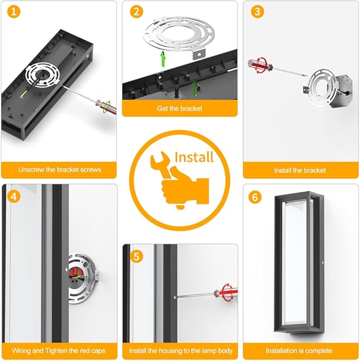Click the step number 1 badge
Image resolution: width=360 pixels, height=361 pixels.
[x=14, y=12]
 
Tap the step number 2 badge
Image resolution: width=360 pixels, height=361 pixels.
[x=137, y=12]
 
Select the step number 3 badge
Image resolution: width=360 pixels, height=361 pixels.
[x=258, y=12]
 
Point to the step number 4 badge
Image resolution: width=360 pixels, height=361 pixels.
[x=14, y=197]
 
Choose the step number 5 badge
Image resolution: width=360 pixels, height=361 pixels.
[x=137, y=256]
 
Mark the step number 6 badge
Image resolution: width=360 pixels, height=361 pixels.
[x=255, y=197]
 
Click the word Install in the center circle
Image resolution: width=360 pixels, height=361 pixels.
[x=194, y=157]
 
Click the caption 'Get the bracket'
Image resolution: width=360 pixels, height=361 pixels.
[x=180, y=108]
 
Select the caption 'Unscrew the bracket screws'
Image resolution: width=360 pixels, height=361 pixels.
[x=60, y=170]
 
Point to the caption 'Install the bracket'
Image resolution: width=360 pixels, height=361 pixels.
[x=300, y=170]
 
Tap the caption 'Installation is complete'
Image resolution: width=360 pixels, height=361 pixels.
[x=299, y=350]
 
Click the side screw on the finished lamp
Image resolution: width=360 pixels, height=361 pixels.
[x=323, y=262]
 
